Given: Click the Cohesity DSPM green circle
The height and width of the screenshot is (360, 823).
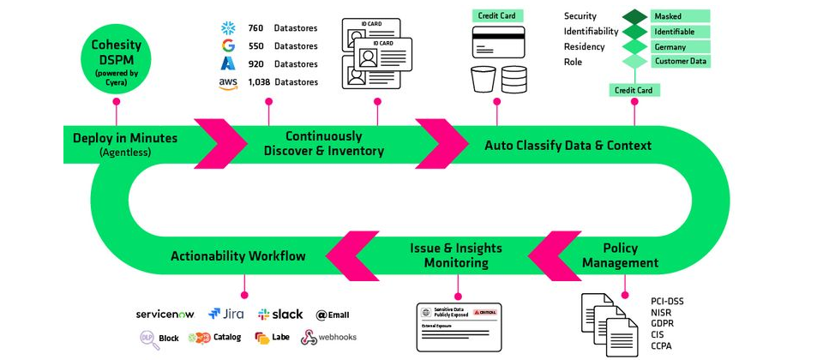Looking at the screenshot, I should click(116, 57).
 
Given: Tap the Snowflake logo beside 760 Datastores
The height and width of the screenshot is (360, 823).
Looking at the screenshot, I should click(227, 27).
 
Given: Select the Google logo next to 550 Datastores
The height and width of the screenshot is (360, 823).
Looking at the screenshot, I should click(227, 45).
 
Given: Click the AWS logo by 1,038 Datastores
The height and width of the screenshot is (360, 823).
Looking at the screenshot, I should click(227, 82).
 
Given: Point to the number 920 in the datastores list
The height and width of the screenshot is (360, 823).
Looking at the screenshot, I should click(255, 63).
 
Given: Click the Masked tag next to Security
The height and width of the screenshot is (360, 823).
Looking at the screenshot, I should click(680, 16).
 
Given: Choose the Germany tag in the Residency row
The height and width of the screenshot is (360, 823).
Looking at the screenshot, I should click(680, 46).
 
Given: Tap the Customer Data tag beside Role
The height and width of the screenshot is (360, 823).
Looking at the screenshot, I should click(680, 62).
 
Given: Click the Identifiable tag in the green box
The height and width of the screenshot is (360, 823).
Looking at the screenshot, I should click(680, 32).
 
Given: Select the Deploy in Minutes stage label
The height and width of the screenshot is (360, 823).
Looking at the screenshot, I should click(124, 138).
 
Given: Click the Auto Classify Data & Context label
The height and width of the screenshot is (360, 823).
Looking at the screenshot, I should click(568, 145).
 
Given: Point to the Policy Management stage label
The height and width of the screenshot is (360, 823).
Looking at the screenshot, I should click(620, 255).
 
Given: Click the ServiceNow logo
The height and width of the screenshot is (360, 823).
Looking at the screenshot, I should click(167, 315).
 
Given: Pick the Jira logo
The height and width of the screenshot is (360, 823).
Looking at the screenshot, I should click(225, 315).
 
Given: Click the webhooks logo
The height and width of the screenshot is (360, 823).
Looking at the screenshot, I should click(328, 338).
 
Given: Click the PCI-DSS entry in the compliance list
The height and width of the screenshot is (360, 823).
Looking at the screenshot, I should click(668, 302).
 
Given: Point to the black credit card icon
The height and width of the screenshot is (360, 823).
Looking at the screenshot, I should click(498, 43).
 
